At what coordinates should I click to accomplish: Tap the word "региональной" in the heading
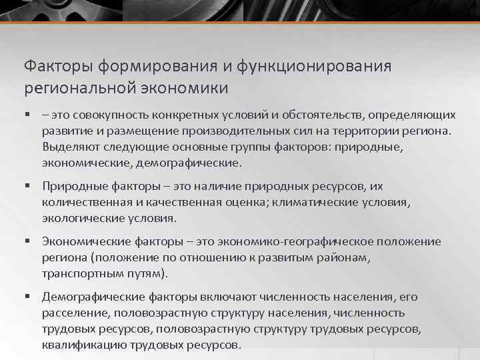click(x=69, y=88)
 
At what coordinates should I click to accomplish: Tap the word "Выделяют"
click(x=69, y=147)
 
